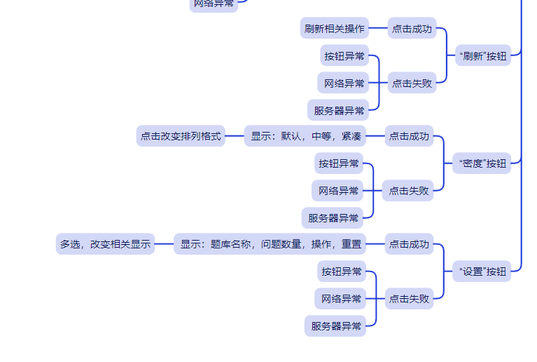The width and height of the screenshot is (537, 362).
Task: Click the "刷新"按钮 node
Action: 482,55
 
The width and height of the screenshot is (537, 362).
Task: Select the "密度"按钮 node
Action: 482,163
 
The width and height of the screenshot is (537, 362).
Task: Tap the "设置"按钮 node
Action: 482,271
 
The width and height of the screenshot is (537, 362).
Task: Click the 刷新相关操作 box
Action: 335,29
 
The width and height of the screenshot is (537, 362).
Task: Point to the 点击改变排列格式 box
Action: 181,136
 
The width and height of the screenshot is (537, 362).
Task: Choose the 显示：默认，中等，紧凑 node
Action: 306,136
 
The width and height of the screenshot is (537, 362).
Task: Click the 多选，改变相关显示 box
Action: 105,244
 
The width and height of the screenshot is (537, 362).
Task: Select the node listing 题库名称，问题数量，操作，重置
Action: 271,244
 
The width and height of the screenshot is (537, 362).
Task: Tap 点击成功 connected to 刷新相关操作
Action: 412,29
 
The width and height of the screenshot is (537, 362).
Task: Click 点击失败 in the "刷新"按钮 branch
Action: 412,83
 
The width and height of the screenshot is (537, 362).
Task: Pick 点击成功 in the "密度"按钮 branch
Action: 409,136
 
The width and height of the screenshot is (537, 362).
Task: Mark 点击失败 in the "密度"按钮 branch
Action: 409,190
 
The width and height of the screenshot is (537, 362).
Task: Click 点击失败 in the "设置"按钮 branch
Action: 409,298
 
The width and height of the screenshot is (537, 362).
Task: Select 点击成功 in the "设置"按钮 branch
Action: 409,244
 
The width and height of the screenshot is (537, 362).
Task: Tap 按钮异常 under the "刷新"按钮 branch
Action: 344,55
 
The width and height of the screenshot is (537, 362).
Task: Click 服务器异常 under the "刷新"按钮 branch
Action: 339,110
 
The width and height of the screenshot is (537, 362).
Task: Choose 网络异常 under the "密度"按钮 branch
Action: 338,190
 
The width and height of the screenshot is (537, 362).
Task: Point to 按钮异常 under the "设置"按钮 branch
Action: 341,271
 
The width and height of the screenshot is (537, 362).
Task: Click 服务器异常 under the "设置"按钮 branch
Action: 336,326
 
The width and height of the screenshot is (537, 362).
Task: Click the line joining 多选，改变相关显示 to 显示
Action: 164,244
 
